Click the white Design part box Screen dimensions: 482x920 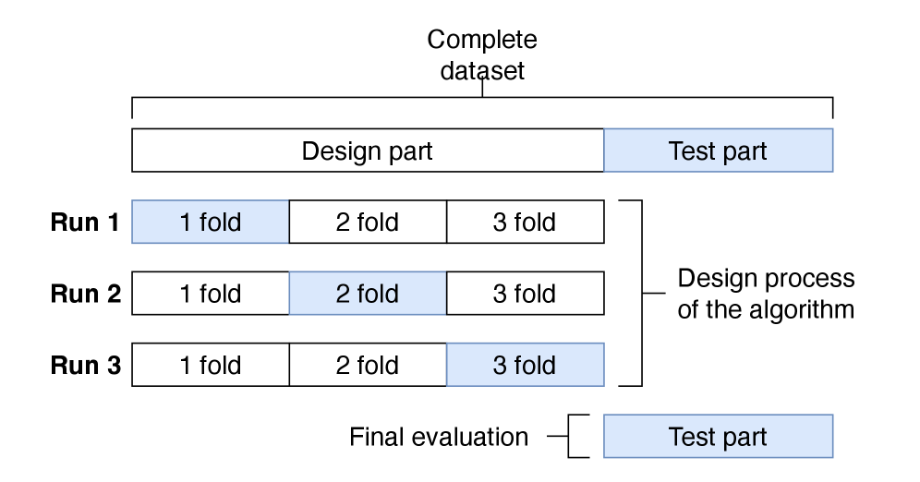pos(368,151)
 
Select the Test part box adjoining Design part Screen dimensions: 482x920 pos(718,151)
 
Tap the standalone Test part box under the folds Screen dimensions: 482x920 pos(718,437)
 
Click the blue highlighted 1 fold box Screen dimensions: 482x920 pos(211,223)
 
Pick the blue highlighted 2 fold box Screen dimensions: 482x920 pos(368,294)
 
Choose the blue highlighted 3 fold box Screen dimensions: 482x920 pos(525,366)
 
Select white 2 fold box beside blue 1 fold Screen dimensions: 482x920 pos(368,223)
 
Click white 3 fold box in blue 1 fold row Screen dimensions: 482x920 pos(525,223)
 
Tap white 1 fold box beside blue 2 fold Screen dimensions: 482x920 pos(211,294)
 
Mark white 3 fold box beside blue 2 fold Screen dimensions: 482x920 pos(525,294)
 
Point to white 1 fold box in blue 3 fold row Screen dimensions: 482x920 pos(211,366)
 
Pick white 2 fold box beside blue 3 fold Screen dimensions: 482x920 pos(368,366)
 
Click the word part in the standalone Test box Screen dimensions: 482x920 pos(744,439)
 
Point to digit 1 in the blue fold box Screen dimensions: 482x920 pos(186,223)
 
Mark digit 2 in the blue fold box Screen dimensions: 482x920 pos(343,295)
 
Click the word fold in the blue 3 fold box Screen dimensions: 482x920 pos(536,366)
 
